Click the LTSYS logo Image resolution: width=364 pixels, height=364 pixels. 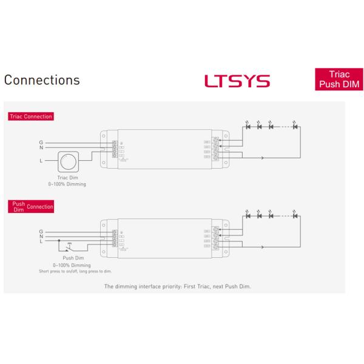pos(237,81)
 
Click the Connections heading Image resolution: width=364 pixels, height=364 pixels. pos(42,80)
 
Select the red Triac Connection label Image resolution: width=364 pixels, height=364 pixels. pos(30,116)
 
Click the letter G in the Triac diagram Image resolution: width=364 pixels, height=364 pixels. pos(41,141)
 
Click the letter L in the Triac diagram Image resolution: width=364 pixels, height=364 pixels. pos(41,161)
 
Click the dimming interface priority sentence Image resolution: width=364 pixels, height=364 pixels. pos(177,285)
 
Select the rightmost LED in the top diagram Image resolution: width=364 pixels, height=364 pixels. pos(295,127)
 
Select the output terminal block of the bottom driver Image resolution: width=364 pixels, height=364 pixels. pos(216,239)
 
